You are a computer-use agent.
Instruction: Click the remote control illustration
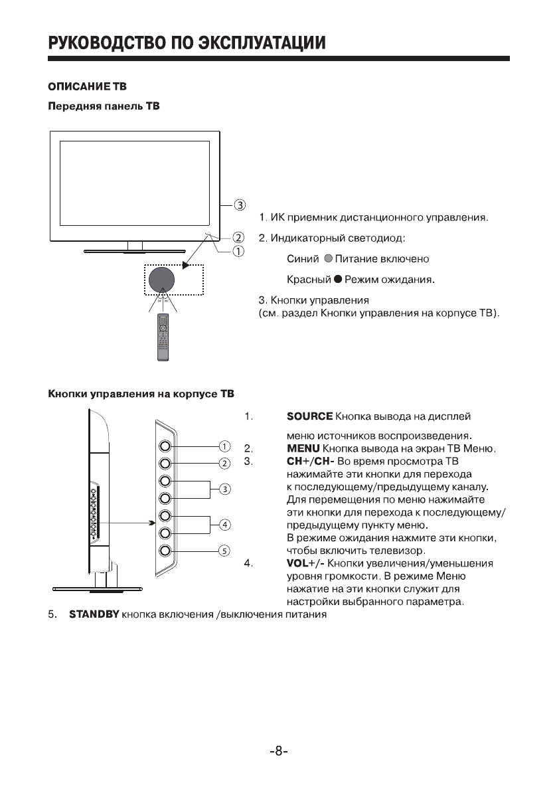pos(163,337)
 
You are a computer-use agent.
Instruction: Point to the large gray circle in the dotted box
pos(161,279)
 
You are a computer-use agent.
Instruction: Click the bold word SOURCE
pos(309,416)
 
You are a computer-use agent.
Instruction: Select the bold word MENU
pos(303,449)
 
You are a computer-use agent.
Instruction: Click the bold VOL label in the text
pos(297,563)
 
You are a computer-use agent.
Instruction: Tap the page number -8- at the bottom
pos(278,751)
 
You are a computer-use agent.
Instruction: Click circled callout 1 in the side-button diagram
pos(224,446)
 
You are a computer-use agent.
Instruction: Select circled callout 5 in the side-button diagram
pos(224,550)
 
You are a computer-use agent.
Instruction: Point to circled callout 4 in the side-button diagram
pos(224,524)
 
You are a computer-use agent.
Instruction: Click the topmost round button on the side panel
pos(165,446)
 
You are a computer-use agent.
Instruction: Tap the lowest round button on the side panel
pos(165,550)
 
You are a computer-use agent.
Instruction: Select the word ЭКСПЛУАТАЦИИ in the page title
pos(247,44)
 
